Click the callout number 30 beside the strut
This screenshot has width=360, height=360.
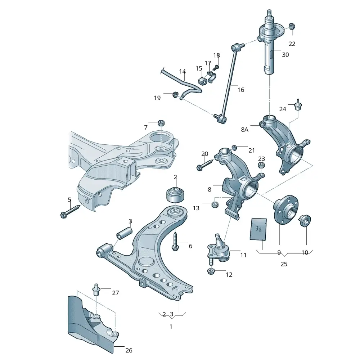coord(285,55)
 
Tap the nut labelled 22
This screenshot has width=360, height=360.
coord(292,26)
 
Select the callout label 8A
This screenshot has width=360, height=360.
coord(245,130)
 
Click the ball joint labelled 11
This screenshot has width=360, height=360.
coord(218,248)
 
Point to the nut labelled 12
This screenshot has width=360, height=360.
coord(211,271)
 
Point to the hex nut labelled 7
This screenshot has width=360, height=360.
coord(161,123)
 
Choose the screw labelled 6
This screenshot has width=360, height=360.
coord(175,242)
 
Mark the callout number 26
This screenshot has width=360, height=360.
coord(129,350)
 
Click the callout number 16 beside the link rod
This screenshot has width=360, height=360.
coord(240,90)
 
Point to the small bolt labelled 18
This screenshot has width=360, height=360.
coord(216,67)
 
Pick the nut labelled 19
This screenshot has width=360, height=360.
coord(175,95)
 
